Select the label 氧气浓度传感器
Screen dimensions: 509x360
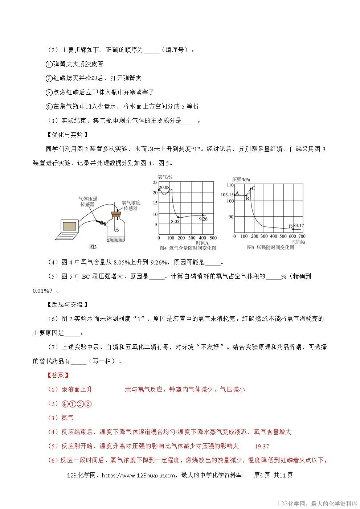131,205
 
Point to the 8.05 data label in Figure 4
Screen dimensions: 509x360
175,221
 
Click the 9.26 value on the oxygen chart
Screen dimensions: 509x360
203,219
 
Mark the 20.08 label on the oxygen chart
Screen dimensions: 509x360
164,187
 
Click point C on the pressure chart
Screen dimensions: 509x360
253,188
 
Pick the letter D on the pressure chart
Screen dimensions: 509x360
290,227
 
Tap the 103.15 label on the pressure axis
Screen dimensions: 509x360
227,195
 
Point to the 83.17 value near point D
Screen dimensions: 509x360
298,226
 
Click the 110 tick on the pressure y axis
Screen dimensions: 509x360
230,185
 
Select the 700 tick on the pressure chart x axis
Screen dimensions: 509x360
302,236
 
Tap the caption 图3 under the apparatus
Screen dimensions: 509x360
93,247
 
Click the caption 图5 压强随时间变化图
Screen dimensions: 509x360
270,247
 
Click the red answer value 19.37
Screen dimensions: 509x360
262,447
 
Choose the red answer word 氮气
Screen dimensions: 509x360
67,418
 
